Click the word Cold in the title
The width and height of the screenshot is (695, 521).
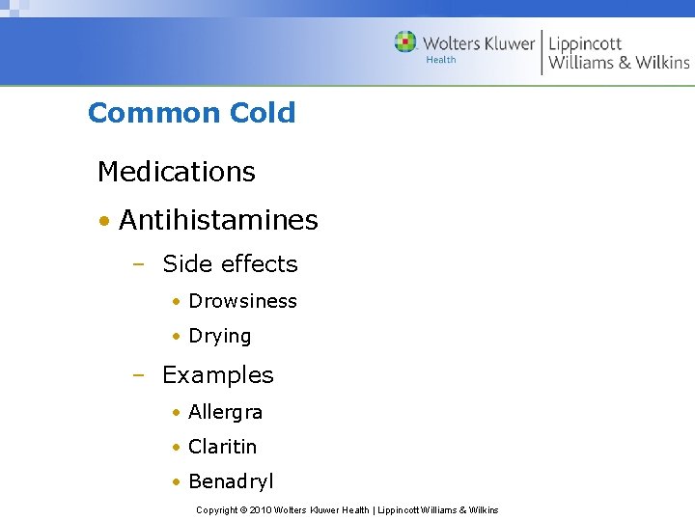[x=263, y=113]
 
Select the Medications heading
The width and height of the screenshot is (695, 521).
[x=177, y=172]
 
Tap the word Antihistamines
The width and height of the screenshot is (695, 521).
[x=218, y=220]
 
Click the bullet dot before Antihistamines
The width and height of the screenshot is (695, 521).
[x=102, y=221]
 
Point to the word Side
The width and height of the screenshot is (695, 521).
[x=187, y=263]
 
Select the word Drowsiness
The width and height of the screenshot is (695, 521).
[x=242, y=301]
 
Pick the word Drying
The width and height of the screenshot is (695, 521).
[x=219, y=337]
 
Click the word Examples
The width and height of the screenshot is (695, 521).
[x=217, y=374]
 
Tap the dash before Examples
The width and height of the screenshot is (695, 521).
[x=139, y=375]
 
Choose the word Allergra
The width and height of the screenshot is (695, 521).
[x=225, y=412]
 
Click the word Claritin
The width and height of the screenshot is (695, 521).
[x=222, y=447]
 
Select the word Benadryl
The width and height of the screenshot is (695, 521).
[x=231, y=481]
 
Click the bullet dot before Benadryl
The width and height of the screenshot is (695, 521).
[x=176, y=482]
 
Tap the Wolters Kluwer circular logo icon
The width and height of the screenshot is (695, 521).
[x=405, y=41]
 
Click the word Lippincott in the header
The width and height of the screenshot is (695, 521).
[x=585, y=42]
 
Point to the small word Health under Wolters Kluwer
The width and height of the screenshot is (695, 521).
[x=441, y=60]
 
